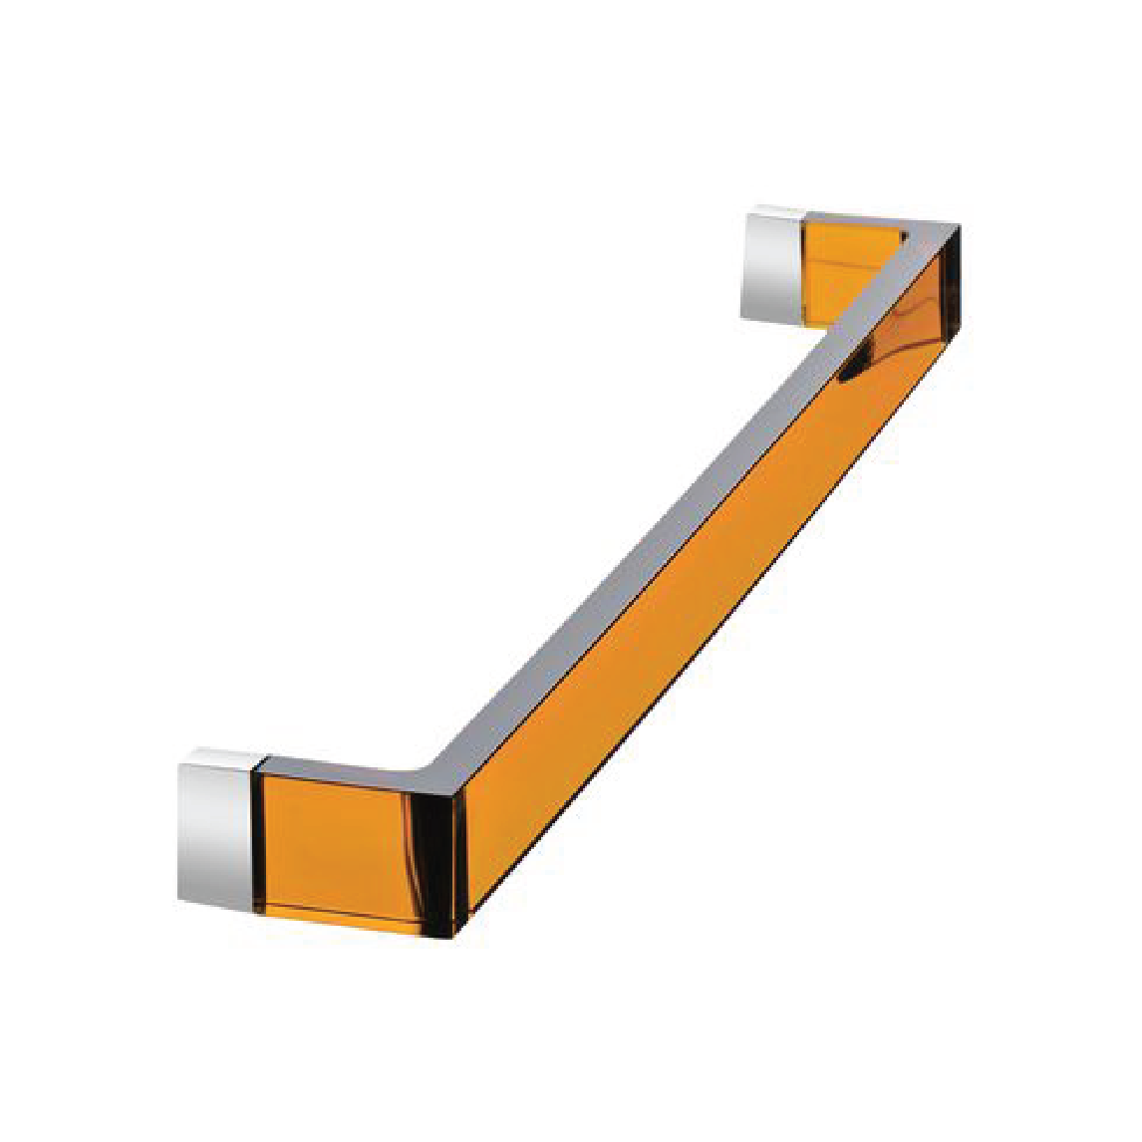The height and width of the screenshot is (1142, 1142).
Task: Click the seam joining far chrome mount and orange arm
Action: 800,267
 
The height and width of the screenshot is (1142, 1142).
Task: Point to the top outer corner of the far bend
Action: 959,226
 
